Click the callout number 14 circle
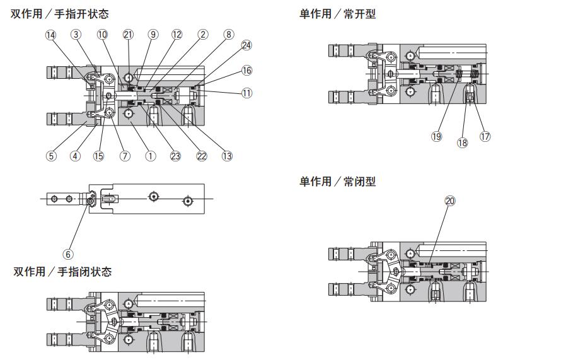pos(50,35)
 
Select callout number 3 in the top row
pos(76,35)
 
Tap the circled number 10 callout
pos(102,35)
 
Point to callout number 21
pos(129,35)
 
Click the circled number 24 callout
pos(246,45)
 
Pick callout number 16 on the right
pos(246,71)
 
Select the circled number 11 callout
pos(246,93)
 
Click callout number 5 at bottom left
pos(50,156)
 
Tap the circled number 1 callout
pos(151,156)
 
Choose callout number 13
pos(227,156)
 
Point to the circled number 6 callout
pos(68,254)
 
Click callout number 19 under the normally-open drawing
pos(436,136)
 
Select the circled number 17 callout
pos(485,136)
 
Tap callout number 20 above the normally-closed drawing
pos(449,201)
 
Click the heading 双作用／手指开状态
pos(60,14)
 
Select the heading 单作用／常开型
pos(337,14)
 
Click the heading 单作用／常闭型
pos(337,182)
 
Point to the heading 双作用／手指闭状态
pos(62,272)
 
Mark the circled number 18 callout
pos(463,143)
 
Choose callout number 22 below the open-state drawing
pos(202,156)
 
